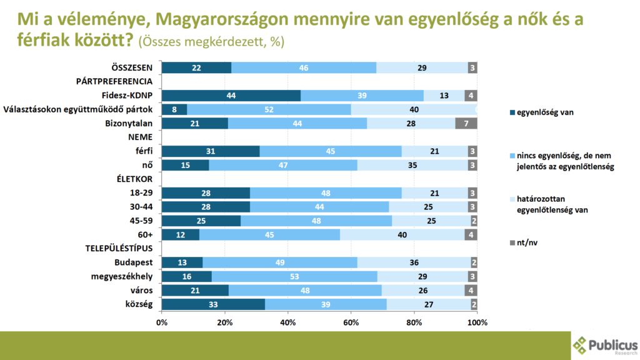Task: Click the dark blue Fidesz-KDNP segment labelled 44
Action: pos(231,96)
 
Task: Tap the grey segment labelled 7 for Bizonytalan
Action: pos(466,123)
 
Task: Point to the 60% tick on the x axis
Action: pos(351,322)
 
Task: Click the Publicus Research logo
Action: pos(605,345)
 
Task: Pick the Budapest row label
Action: pos(136,262)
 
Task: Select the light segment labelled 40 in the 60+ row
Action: pos(402,234)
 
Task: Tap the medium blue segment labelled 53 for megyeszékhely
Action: pos(294,276)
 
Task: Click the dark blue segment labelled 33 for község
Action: pos(213,304)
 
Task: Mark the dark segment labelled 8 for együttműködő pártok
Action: pos(174,109)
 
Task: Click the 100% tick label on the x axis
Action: pos(477,322)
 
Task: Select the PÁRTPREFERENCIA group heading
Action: pos(114,82)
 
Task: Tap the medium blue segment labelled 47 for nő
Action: pos(283,165)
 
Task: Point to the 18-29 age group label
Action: pos(141,192)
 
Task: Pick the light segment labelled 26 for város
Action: pos(423,291)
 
